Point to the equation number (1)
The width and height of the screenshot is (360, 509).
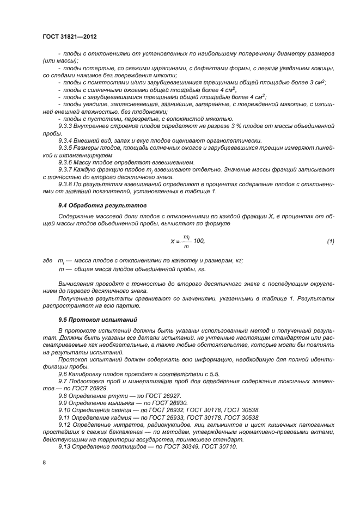click(x=330, y=241)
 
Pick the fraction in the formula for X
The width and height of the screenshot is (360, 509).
click(x=186, y=241)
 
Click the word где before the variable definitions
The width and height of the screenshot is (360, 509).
click(x=47, y=261)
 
